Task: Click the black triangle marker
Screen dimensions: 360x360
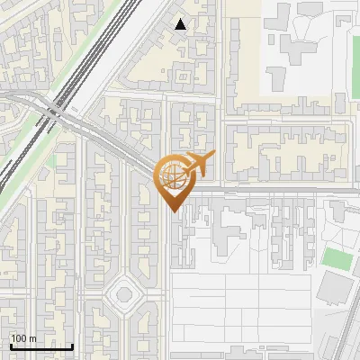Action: click(181, 24)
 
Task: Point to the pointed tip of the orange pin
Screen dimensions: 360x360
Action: click(173, 211)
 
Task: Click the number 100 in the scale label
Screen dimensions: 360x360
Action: click(19, 338)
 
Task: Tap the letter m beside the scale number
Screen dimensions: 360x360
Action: click(32, 338)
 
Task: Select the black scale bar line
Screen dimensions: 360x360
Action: click(41, 346)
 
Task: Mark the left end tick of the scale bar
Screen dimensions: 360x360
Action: click(11, 345)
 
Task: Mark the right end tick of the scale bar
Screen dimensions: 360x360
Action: click(73, 345)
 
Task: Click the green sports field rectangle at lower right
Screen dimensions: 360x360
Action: click(336, 258)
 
